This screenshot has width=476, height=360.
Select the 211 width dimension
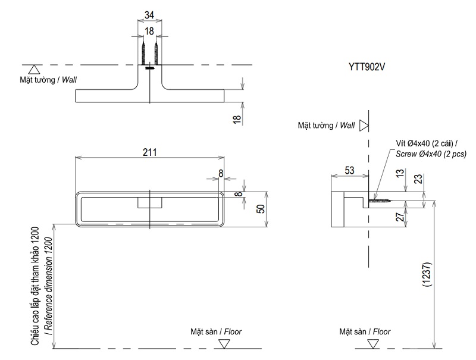pyautogui.click(x=149, y=152)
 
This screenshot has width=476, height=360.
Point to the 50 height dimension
pyautogui.click(x=259, y=209)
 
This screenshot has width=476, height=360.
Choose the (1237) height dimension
pyautogui.click(x=427, y=275)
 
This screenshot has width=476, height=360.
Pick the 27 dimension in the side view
pyautogui.click(x=400, y=217)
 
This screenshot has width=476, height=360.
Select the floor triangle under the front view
pyautogui.click(x=224, y=343)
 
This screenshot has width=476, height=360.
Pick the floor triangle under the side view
pyautogui.click(x=373, y=343)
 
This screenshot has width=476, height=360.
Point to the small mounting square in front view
pyautogui.click(x=150, y=202)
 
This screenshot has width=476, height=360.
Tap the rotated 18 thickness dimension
pyautogui.click(x=236, y=119)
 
